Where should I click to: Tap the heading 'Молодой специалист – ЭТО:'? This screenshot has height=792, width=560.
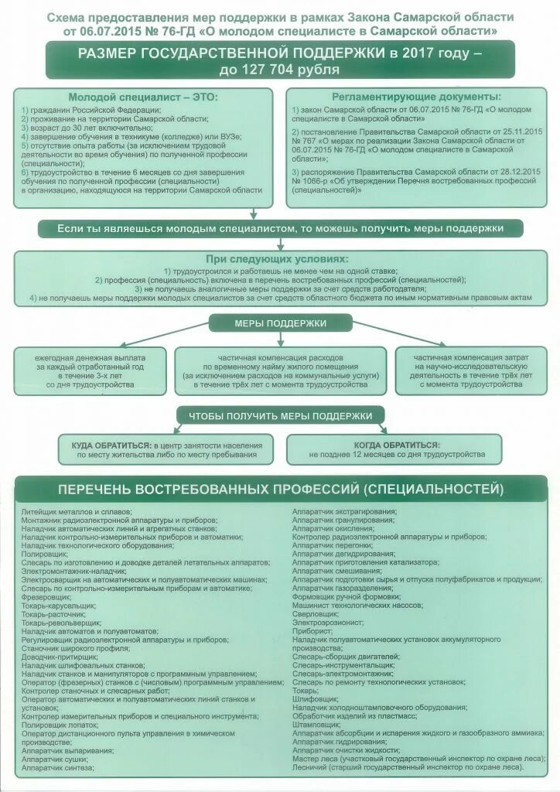click(x=143, y=97)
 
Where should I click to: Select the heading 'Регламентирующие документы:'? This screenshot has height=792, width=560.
click(x=416, y=97)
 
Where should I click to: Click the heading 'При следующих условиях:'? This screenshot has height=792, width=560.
click(x=276, y=259)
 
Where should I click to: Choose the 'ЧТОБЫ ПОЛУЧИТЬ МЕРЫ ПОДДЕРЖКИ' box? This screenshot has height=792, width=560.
click(x=280, y=416)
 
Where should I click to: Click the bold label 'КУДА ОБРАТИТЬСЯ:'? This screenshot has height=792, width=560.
click(x=111, y=445)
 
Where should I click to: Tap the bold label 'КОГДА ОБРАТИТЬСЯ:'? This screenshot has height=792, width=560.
click(x=397, y=445)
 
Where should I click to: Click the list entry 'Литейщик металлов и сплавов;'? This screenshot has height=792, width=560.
click(x=77, y=511)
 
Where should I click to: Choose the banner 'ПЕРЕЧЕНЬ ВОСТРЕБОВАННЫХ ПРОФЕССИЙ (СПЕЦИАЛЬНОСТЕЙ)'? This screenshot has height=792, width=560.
click(x=280, y=490)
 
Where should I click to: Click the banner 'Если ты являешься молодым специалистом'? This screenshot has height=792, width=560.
click(x=280, y=229)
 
